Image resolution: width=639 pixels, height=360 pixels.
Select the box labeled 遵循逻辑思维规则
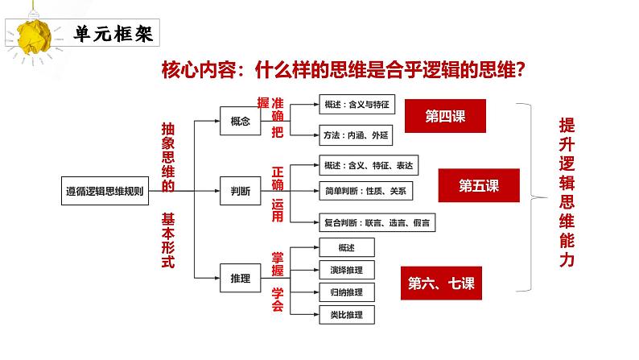click(x=105, y=192)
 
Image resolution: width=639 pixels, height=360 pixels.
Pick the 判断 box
click(x=241, y=192)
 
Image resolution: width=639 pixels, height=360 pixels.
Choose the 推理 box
click(x=241, y=279)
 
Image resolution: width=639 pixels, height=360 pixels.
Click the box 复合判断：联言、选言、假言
click(x=377, y=222)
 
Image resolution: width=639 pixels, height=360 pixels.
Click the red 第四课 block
click(x=445, y=117)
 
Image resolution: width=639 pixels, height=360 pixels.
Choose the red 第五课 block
click(x=479, y=186)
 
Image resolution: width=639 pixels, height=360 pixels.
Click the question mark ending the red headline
click(x=519, y=71)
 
